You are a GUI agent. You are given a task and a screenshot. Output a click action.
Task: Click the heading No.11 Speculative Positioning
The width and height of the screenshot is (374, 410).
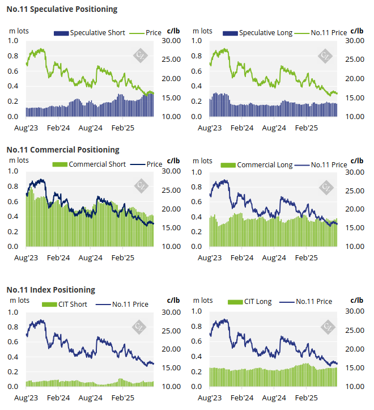pos(62,9)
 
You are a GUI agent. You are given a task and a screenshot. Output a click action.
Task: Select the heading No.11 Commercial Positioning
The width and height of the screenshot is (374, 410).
pos(63,150)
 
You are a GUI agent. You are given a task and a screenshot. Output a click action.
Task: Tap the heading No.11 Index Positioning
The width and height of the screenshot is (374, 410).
pos(50,290)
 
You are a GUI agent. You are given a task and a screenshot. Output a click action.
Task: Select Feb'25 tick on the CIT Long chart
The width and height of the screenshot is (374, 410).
pos(306,398)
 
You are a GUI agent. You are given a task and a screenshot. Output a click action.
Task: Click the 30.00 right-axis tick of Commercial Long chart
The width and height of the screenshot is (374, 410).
pos(355,172)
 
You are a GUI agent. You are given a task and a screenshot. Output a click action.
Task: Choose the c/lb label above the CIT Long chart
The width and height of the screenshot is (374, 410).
pos(358,300)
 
